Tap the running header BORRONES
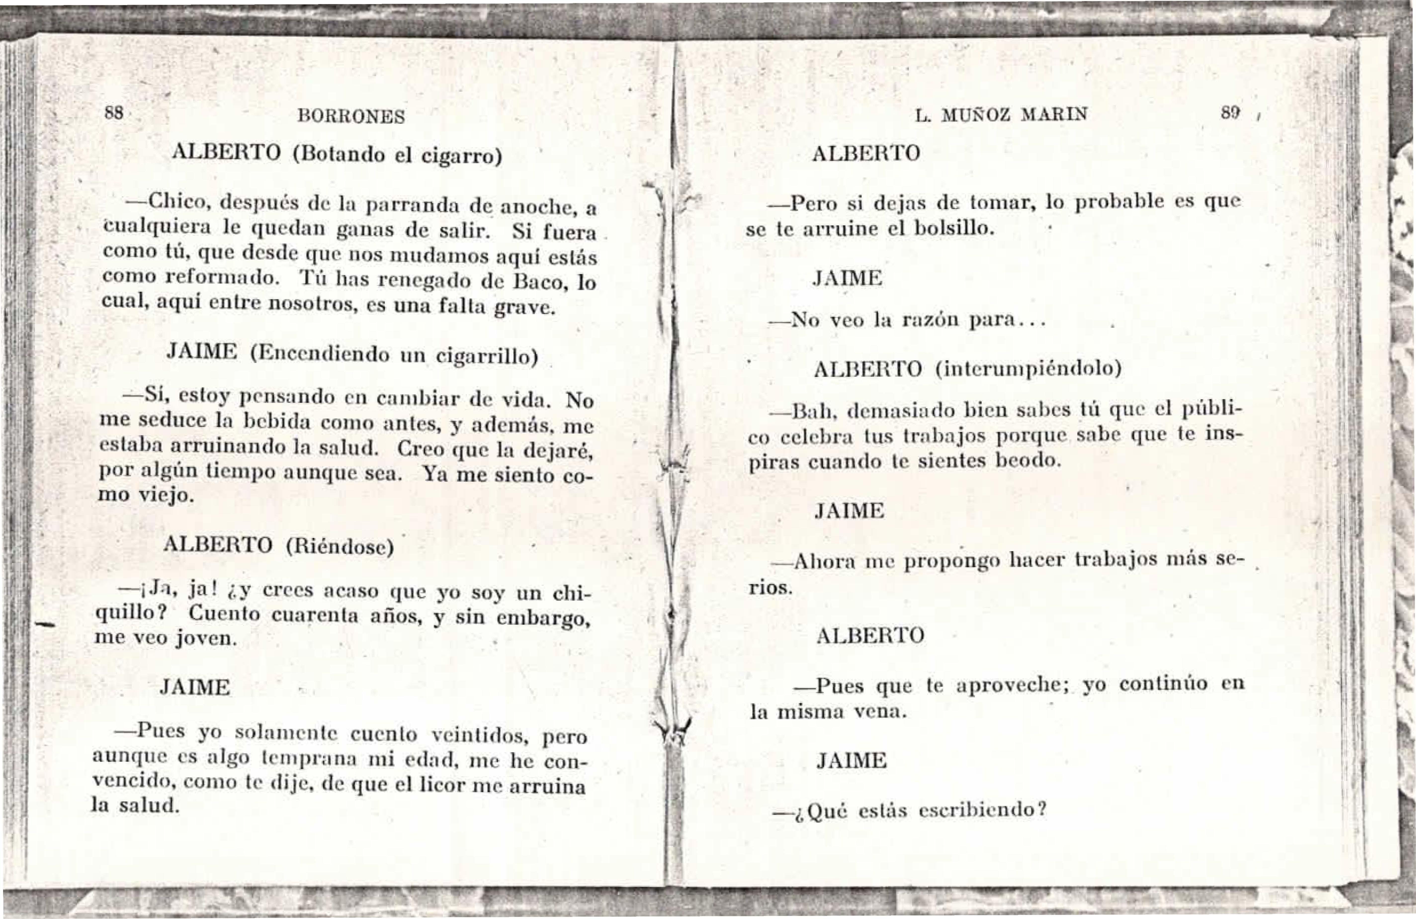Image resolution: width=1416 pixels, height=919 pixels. (351, 116)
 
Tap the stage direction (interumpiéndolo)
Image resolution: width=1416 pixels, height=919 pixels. (1028, 369)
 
